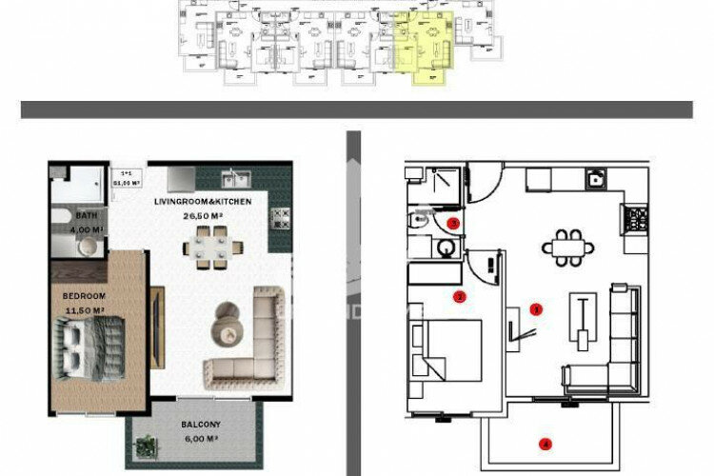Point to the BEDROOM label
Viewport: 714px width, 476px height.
85,296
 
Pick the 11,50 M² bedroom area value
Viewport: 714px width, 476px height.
85,309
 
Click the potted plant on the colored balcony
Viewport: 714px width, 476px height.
146,445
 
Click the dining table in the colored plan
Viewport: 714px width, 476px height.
212,250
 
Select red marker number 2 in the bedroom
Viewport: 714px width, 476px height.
461,296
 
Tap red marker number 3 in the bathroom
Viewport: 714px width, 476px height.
454,224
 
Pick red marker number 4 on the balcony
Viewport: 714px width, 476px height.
545,443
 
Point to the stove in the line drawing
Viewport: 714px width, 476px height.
636,221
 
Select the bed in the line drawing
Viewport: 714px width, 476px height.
446,350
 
